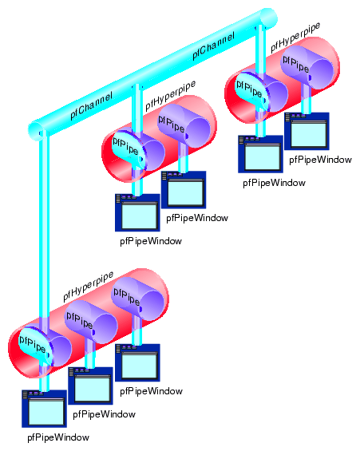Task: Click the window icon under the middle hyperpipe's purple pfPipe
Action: click(x=184, y=190)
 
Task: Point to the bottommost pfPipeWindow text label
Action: click(x=58, y=437)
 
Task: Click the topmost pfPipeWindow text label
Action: click(x=320, y=160)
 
